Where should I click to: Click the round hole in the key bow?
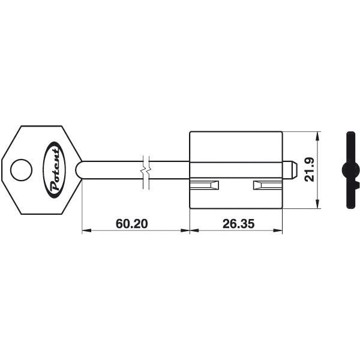pyautogui.click(x=21, y=170)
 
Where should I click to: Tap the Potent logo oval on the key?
pyautogui.click(x=55, y=170)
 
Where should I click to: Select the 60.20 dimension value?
pyautogui.click(x=132, y=224)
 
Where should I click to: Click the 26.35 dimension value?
pyautogui.click(x=239, y=224)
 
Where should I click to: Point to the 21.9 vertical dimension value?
pyautogui.click(x=309, y=169)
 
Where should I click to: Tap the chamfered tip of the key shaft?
pyautogui.click(x=293, y=170)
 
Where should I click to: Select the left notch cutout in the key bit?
pyautogui.click(x=205, y=185)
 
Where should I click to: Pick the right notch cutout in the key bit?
pyautogui.click(x=268, y=185)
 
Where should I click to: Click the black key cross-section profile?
pyautogui.click(x=350, y=170)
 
